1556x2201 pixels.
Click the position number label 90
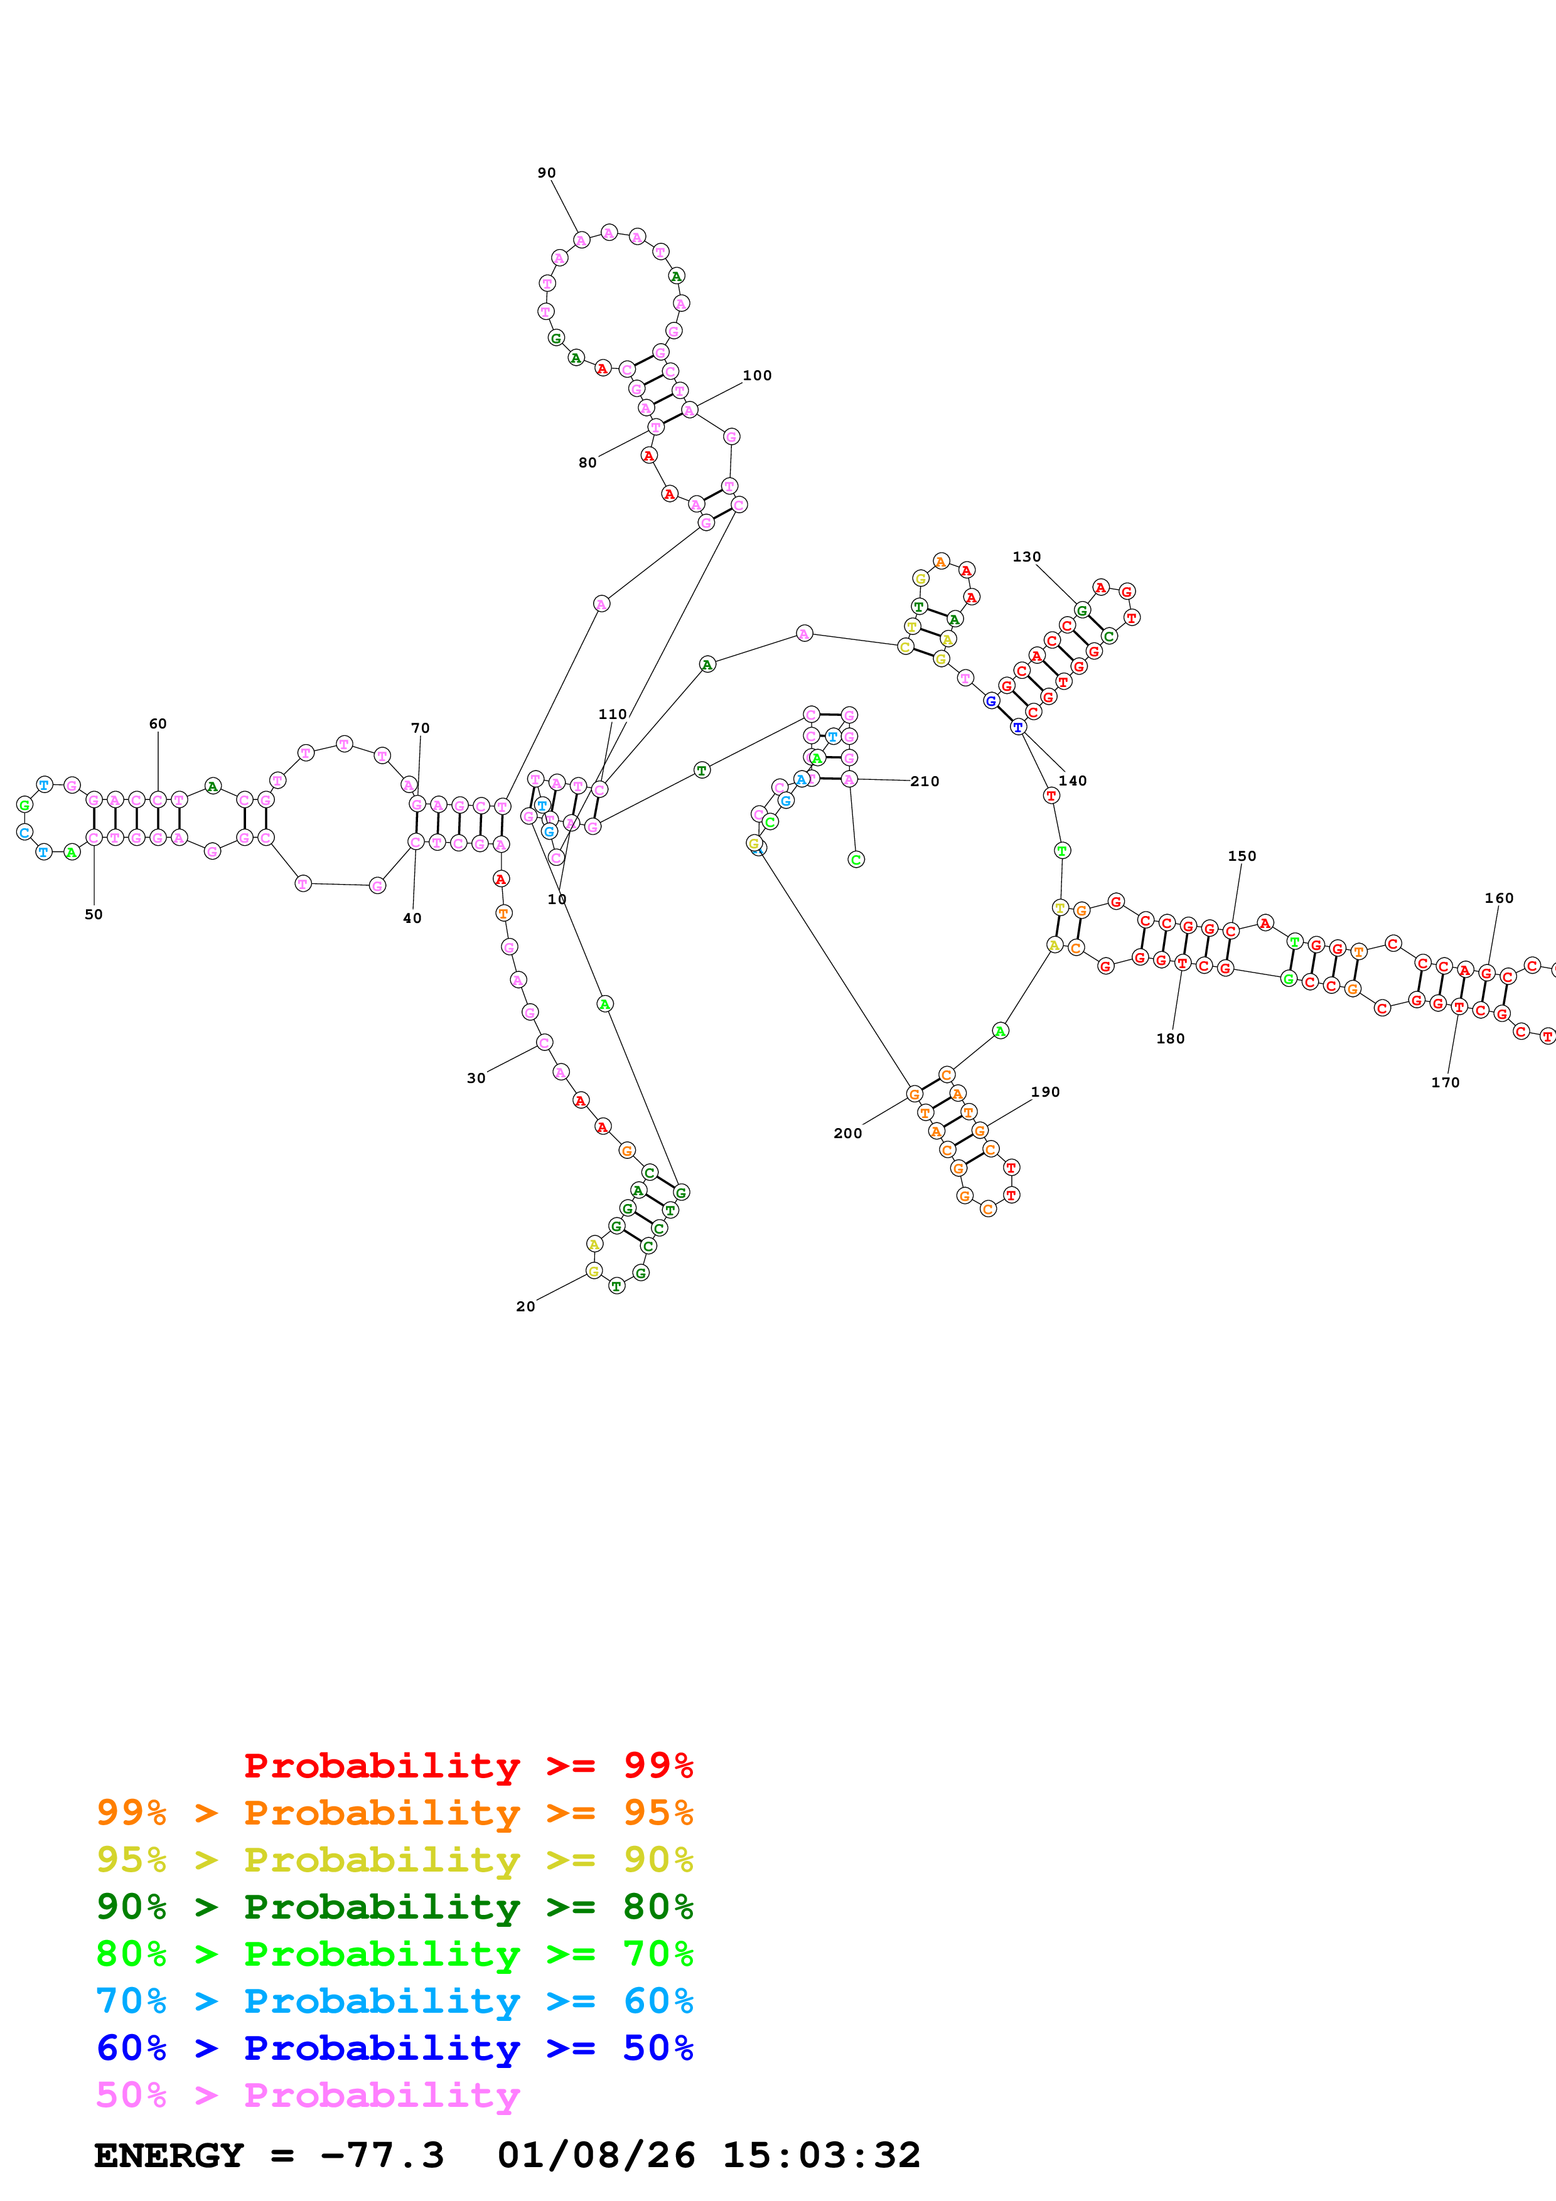547,173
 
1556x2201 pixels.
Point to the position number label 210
925,781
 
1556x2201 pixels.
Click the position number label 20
525,1306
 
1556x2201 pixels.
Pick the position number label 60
158,724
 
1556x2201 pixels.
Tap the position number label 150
1242,856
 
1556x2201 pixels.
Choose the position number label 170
1445,1082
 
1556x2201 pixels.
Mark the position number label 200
847,1133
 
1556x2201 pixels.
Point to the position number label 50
94,915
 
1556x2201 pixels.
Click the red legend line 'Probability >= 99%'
468,1766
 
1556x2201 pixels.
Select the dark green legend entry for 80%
394,1907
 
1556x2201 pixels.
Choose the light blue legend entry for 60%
394,2001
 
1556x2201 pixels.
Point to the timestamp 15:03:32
820,2155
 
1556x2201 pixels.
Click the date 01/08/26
596,2155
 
